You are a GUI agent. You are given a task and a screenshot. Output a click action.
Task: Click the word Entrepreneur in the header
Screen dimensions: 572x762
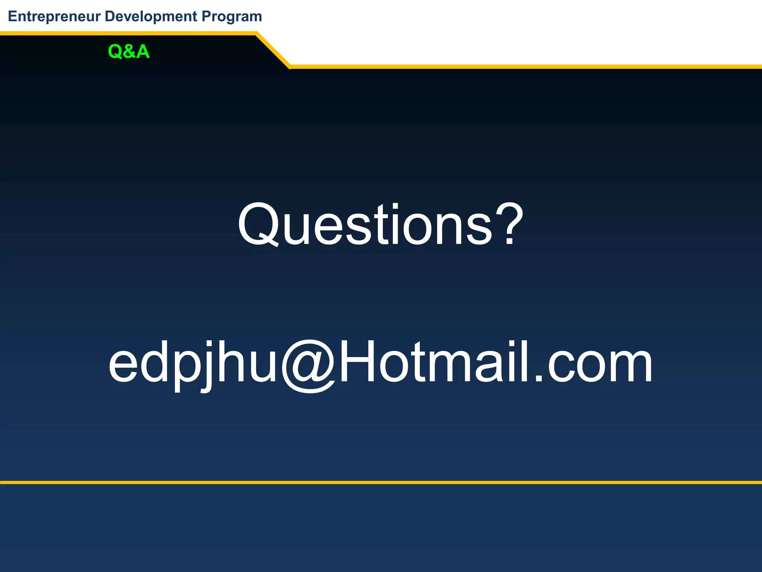pyautogui.click(x=54, y=17)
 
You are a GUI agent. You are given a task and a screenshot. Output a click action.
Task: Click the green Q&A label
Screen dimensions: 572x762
pyautogui.click(x=129, y=51)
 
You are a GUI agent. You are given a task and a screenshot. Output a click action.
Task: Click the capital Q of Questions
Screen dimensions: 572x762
pyautogui.click(x=258, y=225)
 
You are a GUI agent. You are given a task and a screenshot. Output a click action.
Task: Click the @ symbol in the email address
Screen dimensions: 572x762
pyautogui.click(x=309, y=365)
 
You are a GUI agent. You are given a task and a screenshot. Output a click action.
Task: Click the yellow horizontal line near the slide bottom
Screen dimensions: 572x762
pyautogui.click(x=381, y=482)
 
